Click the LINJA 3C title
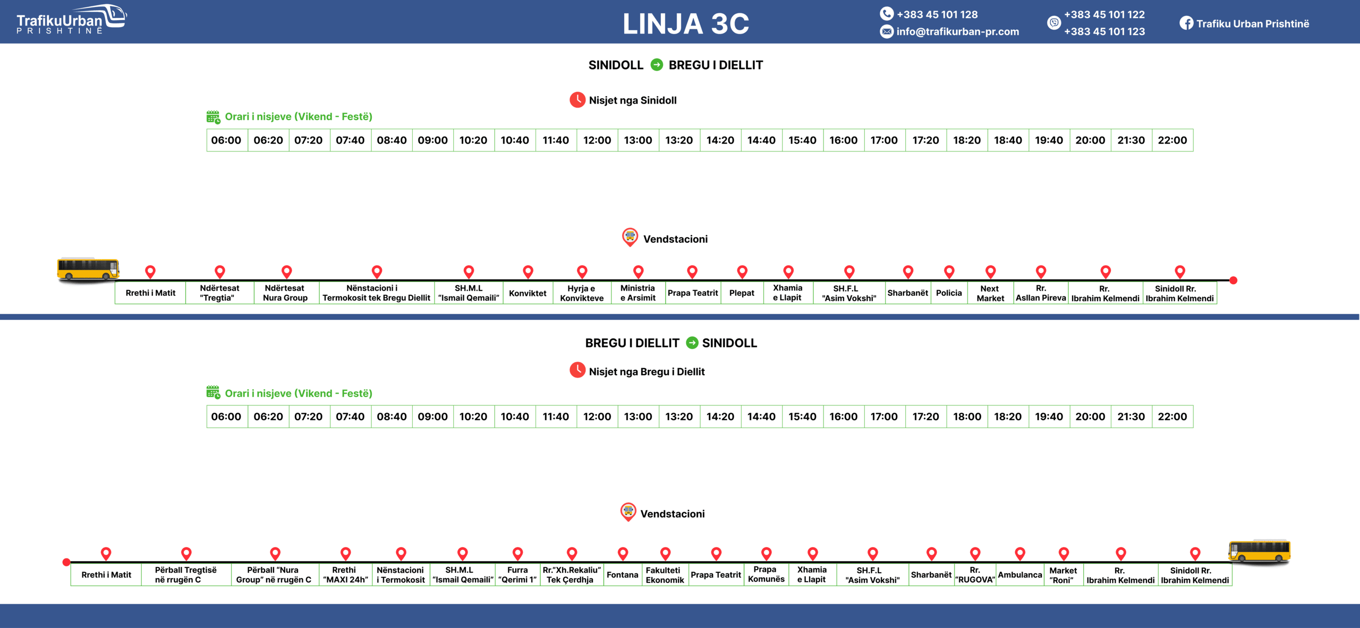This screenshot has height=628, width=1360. tap(685, 24)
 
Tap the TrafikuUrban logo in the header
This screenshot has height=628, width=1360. tap(71, 20)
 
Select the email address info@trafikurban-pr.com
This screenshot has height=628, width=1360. tap(957, 31)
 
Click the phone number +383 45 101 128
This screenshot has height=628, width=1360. tap(937, 14)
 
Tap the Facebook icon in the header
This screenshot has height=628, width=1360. tap(1186, 23)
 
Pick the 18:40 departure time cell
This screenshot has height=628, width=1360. tap(1008, 140)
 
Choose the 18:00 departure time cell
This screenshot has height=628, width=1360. tap(967, 417)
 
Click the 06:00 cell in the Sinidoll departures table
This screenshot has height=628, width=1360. tap(226, 140)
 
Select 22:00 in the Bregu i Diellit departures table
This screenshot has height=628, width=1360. tap(1172, 417)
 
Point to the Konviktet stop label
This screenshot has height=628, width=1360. tap(528, 293)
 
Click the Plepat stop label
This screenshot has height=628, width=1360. tap(742, 293)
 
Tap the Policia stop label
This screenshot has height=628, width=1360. tap(949, 293)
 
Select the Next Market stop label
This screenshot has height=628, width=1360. tap(990, 293)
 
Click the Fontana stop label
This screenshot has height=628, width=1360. tap(623, 575)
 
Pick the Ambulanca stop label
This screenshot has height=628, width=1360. tap(1019, 575)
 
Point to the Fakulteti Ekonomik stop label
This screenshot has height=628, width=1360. tap(665, 575)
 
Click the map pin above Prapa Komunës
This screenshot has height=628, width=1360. tap(766, 554)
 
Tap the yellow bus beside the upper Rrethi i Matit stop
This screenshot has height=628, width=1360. tap(88, 269)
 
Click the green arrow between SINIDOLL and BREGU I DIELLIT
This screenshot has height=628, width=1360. tap(657, 65)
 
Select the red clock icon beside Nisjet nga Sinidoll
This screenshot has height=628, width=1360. tap(577, 100)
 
